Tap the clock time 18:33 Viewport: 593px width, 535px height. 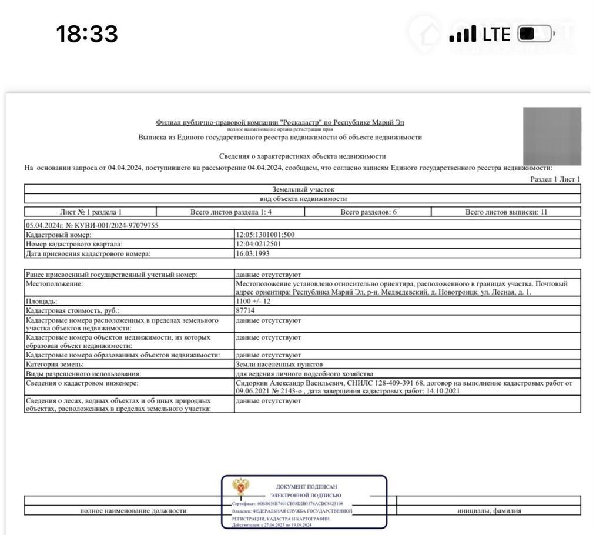pos(87,34)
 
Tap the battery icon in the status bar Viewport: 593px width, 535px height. pos(534,34)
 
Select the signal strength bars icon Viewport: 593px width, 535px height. pos(463,35)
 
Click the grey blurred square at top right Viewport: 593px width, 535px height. pos(552,136)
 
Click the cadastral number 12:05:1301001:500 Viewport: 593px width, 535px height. pos(265,235)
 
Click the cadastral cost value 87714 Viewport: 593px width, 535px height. pos(246,310)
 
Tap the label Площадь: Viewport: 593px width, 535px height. pos(42,301)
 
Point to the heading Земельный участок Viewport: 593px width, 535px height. pos(303,189)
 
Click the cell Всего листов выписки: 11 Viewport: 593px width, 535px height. pos(506,212)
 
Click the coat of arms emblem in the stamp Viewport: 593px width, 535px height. pos(240,487)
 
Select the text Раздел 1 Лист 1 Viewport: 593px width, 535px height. pos(555,179)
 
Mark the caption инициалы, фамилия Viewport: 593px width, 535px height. pos(489,511)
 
